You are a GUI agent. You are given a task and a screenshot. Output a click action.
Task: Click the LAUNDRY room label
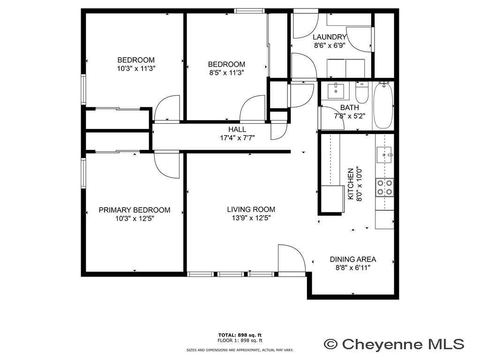pos(330,37)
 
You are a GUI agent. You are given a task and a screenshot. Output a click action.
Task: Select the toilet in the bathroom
pos(362,92)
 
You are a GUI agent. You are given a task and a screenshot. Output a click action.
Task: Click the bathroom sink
pos(336,91)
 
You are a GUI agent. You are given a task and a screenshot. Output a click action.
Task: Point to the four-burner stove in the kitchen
pos(385,187)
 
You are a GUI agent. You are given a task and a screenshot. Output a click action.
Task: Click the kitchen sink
pos(384,155)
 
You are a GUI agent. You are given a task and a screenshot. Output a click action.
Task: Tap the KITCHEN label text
pos(351,184)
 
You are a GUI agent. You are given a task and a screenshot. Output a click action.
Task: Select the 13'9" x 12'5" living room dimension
pos(251,218)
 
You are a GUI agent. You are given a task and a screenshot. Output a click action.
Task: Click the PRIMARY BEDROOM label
pos(135,210)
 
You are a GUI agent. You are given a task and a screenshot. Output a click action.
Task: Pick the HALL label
pos(237,129)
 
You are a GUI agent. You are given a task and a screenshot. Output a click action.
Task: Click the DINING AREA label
pos(353,259)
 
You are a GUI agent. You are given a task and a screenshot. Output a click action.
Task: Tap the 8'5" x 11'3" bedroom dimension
pos(226,73)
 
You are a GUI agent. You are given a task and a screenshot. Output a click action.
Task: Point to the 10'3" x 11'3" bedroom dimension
pos(136,68)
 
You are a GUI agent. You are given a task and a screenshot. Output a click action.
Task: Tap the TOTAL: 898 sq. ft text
pos(240,335)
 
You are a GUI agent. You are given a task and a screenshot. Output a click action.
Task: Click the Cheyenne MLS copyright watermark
pos(394,344)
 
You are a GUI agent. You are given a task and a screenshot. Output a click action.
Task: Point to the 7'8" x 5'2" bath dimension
pos(350,116)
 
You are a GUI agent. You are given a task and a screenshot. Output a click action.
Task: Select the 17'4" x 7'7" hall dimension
pos(238,138)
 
